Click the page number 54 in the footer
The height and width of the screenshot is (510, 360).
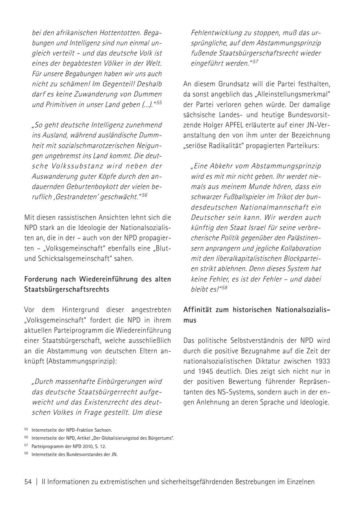(x=28, y=482)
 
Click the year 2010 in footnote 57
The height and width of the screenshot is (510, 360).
(x=82, y=446)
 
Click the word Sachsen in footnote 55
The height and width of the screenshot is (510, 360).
(x=104, y=430)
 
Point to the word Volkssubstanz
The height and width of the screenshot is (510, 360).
(x=73, y=165)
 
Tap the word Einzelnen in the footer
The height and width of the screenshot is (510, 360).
(x=300, y=482)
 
